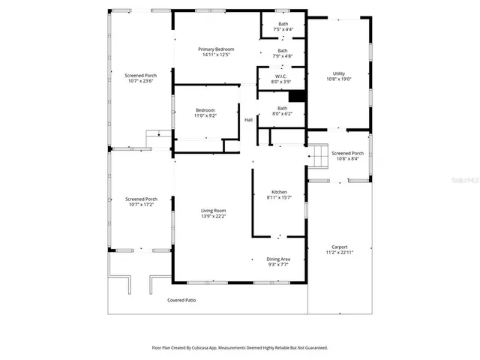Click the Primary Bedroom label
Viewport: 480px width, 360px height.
[215, 49]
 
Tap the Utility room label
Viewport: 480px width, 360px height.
[339, 73]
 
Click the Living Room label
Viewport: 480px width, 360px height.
[214, 211]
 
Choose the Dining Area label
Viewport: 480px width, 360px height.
[280, 259]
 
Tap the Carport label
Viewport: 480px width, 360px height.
[340, 247]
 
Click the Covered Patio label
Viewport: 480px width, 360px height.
[181, 300]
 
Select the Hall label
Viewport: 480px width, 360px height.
[248, 120]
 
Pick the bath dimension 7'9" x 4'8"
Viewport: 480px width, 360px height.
[283, 55]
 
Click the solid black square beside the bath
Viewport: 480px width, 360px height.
[297, 96]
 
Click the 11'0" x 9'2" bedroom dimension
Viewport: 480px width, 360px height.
[205, 115]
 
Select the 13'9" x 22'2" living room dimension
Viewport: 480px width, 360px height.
[214, 216]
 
